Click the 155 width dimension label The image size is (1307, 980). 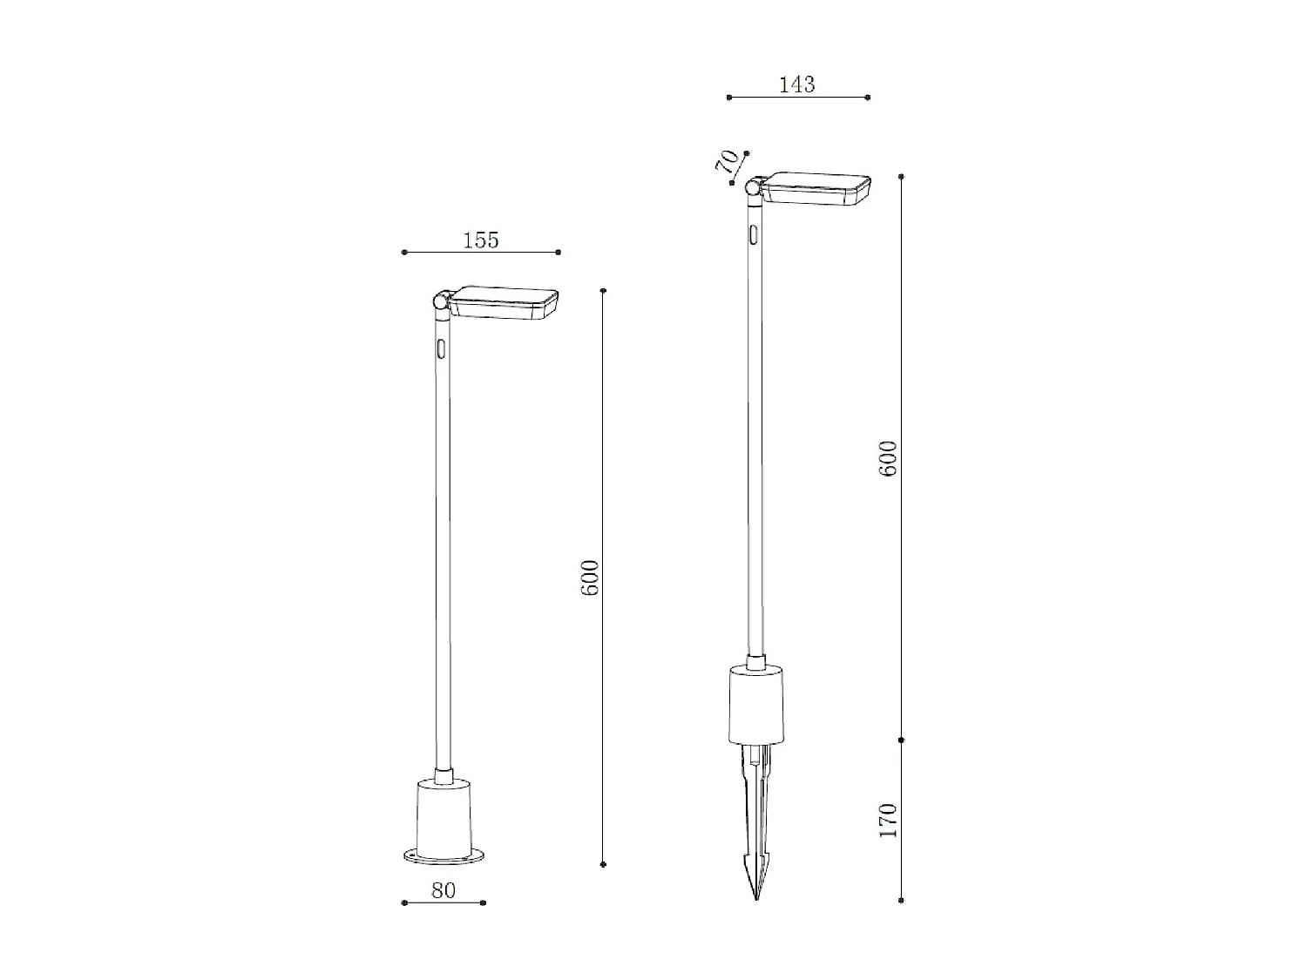[x=481, y=240]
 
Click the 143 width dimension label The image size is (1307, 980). [x=796, y=84]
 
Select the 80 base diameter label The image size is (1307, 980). [x=444, y=890]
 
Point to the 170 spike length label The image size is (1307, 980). [x=888, y=821]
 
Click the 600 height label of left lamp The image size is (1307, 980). [x=590, y=578]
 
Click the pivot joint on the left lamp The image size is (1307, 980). [x=442, y=301]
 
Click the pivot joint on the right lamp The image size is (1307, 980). [x=755, y=187]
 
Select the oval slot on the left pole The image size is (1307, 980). [x=441, y=349]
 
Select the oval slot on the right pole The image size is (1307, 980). [x=753, y=235]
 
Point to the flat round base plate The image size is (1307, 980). [x=445, y=857]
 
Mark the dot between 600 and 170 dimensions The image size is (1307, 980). [x=901, y=740]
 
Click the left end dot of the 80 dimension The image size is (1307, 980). [x=404, y=902]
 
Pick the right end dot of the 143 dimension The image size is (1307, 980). [x=868, y=98]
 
